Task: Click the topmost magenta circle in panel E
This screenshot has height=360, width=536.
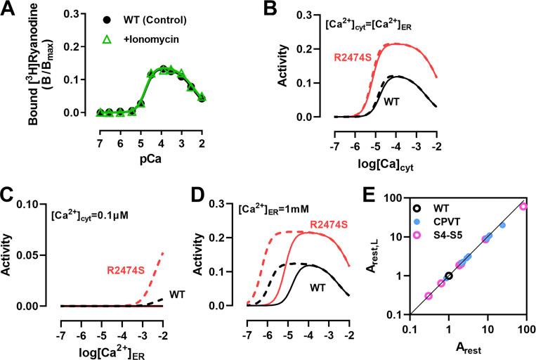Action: click(523, 206)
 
